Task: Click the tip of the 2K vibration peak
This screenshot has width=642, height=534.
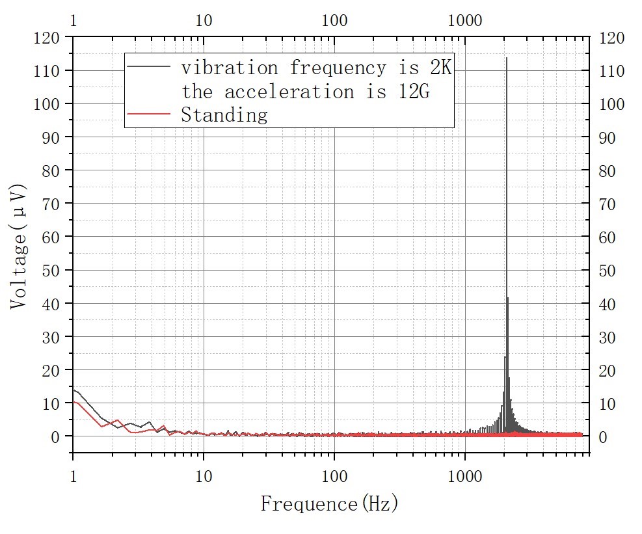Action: [x=507, y=59]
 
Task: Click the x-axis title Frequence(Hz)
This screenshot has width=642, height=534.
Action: [x=329, y=503]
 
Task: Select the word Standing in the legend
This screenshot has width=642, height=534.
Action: [x=224, y=115]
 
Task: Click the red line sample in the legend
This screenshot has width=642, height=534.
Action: [x=150, y=114]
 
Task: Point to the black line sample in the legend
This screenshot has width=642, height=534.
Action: [x=150, y=66]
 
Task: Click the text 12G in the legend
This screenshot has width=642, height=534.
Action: [x=414, y=91]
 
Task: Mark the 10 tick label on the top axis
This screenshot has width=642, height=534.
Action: [x=204, y=20]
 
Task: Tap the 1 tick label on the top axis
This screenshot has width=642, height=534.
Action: [x=73, y=20]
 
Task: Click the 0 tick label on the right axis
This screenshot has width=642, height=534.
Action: [x=602, y=436]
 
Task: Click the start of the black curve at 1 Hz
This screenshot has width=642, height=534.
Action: [x=74, y=390]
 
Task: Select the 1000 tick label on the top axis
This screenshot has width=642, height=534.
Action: [x=465, y=20]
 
